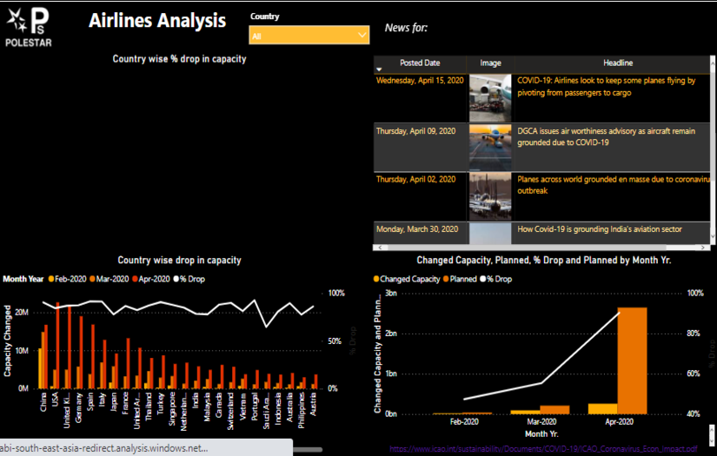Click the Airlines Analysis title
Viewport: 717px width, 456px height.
pyautogui.click(x=157, y=21)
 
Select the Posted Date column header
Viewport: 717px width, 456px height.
pyautogui.click(x=420, y=63)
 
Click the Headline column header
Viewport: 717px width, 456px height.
pyautogui.click(x=618, y=63)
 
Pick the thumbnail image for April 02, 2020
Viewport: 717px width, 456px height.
pyautogui.click(x=490, y=195)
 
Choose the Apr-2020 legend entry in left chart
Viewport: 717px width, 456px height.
pyautogui.click(x=156, y=279)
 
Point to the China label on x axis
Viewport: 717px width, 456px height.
pyautogui.click(x=43, y=404)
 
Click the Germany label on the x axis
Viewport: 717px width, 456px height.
pyautogui.click(x=80, y=408)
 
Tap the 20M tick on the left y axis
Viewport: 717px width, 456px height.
pyautogui.click(x=21, y=312)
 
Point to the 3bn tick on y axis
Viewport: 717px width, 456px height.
pyautogui.click(x=390, y=294)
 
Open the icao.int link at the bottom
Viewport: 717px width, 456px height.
pyautogui.click(x=543, y=449)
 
